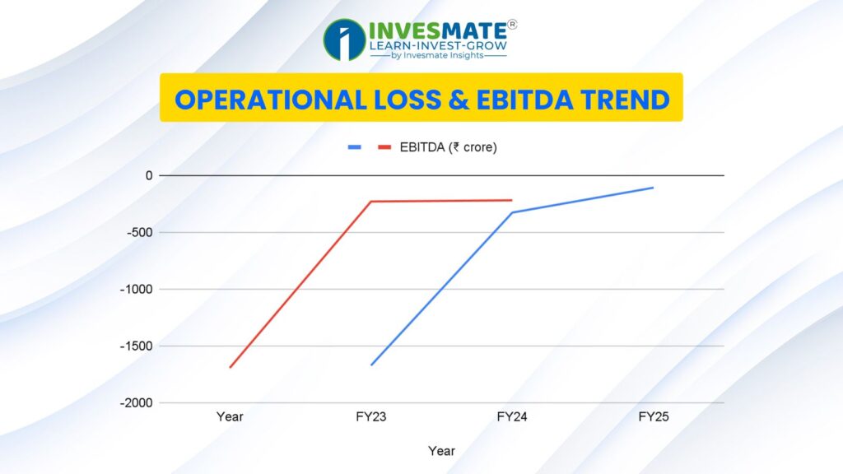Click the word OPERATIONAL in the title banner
[x=270, y=100]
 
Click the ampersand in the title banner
[x=458, y=100]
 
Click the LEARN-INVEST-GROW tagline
[x=438, y=46]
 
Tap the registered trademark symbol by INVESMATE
[x=512, y=24]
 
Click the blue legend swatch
[x=354, y=147]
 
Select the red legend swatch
[x=384, y=147]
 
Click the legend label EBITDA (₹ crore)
[x=449, y=147]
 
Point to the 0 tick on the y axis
[x=149, y=176]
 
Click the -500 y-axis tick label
[x=140, y=232]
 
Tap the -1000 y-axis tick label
[x=137, y=289]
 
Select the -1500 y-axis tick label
[x=137, y=346]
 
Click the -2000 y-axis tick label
[x=137, y=402]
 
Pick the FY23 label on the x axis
[x=371, y=417]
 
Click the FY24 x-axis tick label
[x=512, y=417]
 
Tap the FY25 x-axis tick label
[x=653, y=417]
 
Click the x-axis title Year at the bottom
[x=441, y=451]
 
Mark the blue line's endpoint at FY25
[x=653, y=188]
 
